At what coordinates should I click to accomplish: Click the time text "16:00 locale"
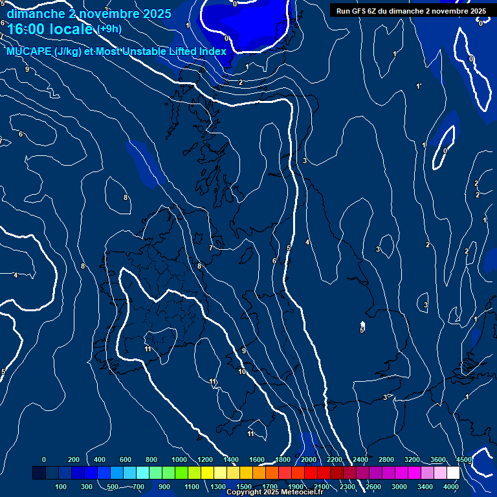[x=50, y=29]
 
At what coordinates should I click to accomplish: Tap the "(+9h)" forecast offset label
[x=109, y=28]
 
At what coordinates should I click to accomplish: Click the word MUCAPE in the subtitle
[x=29, y=52]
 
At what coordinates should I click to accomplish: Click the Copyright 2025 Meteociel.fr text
[x=274, y=492]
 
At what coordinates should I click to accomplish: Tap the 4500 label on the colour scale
[x=463, y=459]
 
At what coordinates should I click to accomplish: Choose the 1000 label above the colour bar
[x=179, y=459]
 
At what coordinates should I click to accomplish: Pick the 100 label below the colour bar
[x=61, y=487]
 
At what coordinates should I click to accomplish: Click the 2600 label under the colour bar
[x=373, y=487]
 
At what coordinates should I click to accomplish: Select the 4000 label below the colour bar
[x=451, y=487]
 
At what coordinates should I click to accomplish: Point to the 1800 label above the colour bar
[x=283, y=459]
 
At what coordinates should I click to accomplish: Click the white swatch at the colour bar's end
[x=453, y=473]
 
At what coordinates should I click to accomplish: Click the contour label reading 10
[x=242, y=371]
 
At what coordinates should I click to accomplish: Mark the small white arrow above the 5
[x=362, y=323]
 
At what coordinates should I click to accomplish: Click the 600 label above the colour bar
[x=126, y=459]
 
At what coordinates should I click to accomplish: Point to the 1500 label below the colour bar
[x=244, y=487]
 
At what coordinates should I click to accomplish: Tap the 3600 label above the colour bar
[x=438, y=459]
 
